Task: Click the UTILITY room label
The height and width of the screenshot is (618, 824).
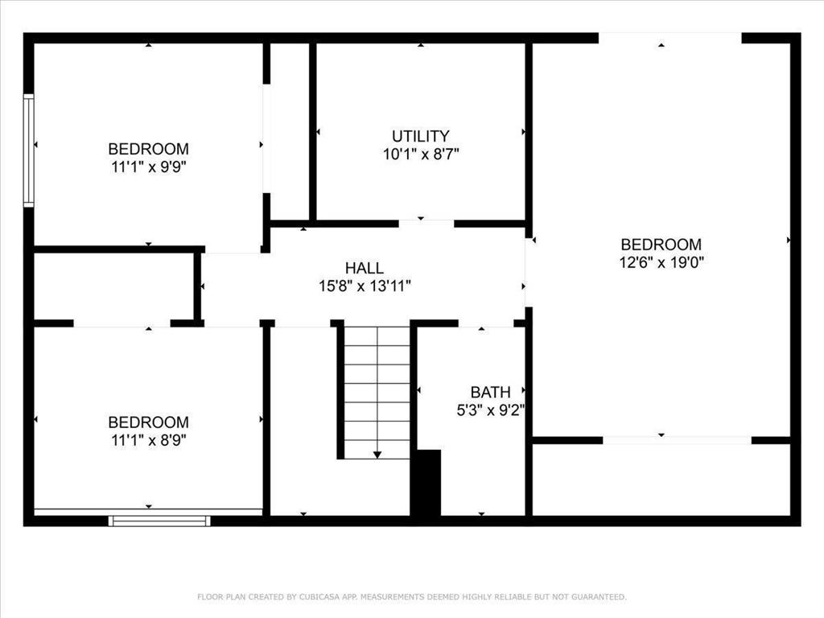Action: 420,136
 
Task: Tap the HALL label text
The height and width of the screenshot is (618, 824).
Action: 365,268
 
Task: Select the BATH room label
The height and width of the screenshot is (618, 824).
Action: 490,392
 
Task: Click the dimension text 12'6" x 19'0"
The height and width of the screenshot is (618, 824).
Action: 661,262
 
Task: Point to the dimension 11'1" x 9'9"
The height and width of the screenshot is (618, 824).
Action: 148,167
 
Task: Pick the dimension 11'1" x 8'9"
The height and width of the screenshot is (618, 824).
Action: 148,440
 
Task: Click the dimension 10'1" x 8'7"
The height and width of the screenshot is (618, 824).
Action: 420,154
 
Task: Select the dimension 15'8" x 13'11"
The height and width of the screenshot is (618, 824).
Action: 365,286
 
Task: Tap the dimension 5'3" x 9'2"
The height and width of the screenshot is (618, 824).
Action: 490,410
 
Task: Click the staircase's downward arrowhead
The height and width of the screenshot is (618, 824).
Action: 377,455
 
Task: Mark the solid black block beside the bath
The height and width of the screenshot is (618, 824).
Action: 426,483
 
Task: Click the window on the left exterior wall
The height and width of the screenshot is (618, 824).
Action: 29,150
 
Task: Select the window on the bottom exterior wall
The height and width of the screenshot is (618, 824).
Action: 159,521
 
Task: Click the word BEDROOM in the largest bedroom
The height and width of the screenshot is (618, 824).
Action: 661,244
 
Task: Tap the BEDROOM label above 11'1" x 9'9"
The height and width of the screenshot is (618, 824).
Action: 148,149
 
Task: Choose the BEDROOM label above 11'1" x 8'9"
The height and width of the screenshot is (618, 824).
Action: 148,422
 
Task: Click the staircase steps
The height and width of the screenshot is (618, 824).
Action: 377,386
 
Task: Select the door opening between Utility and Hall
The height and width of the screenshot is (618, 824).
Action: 426,224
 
